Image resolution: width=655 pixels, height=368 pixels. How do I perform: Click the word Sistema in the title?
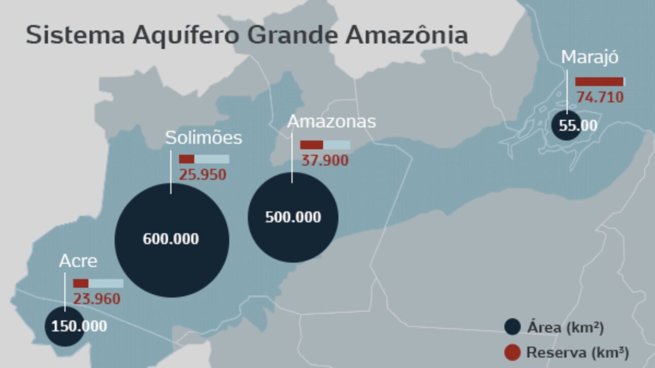[75, 35]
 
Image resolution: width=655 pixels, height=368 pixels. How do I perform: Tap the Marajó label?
[589, 57]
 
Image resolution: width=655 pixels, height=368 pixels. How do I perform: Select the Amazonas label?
[332, 122]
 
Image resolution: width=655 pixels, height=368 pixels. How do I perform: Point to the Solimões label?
[204, 138]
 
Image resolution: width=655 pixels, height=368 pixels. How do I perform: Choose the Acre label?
[78, 261]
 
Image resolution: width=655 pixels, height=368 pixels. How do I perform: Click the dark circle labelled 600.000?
[172, 240]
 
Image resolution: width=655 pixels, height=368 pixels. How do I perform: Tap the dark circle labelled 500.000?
[293, 217]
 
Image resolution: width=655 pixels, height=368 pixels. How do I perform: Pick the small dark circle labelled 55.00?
[568, 125]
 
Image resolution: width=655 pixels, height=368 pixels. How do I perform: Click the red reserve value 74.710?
[600, 96]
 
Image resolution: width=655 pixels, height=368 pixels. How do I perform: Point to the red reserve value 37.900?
[325, 161]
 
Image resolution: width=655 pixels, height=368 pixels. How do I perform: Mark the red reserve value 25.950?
[203, 175]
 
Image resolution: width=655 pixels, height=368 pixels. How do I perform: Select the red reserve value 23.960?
[97, 299]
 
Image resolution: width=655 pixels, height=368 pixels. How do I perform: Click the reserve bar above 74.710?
[600, 82]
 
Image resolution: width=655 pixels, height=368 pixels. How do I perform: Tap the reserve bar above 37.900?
[325, 145]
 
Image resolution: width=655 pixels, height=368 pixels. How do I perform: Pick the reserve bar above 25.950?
[204, 159]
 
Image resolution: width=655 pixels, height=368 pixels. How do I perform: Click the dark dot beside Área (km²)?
[513, 327]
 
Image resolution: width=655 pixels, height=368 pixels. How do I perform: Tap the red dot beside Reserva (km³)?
[513, 352]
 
